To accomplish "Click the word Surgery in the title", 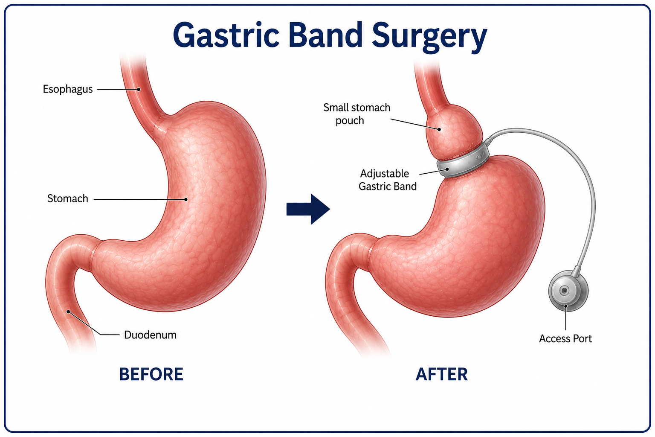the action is point(429,36).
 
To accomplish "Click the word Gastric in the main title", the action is point(226,35).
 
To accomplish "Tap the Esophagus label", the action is point(67,89).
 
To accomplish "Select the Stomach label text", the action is point(67,198).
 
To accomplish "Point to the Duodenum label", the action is point(150,335).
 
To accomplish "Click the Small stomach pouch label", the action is point(357,114).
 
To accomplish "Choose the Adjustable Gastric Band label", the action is point(388,180).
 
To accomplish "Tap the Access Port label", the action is point(565,339).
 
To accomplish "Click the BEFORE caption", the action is point(151,374).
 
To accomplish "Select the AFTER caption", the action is point(441,374).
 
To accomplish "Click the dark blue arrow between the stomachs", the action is point(308,209).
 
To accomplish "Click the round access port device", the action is point(568,291).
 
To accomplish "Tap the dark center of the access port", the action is point(564,291).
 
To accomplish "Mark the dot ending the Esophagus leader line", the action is point(139,89).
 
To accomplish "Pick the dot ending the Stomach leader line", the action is point(185,199).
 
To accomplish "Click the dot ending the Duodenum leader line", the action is point(68,312).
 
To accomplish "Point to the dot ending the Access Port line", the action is point(566,306).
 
